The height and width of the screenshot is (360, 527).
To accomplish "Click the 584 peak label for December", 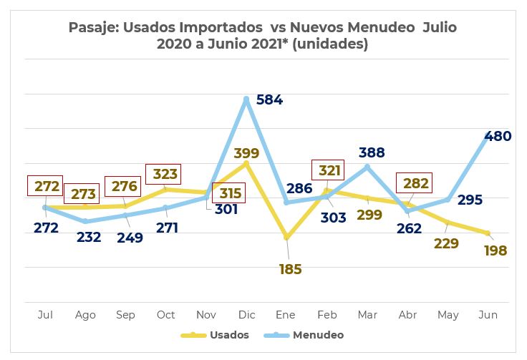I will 270,100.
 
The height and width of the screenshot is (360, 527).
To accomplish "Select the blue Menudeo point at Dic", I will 246,99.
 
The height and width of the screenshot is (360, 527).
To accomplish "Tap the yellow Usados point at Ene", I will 287,237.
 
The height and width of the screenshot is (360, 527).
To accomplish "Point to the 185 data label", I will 290,270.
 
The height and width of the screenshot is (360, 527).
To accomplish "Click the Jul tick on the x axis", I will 45,314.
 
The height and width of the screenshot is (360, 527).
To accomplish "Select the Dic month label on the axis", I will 246,314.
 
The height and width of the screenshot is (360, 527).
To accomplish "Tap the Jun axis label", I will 488,314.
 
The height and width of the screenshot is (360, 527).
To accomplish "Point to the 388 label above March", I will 372,152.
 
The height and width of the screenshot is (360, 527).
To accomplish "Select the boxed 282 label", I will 416,183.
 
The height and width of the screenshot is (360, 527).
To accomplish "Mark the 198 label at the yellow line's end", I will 494,251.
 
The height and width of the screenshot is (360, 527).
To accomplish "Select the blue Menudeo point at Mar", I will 367,167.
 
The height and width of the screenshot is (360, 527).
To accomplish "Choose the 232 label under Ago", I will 88,237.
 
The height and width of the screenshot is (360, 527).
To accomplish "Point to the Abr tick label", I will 407,314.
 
